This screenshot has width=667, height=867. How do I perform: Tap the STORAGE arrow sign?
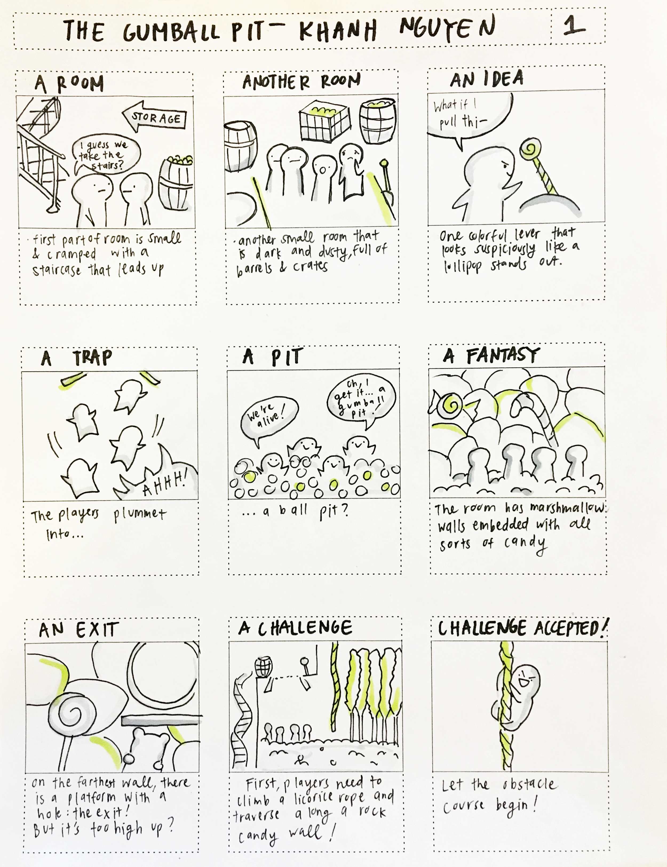coord(154,117)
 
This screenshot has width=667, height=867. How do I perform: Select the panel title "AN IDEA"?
coord(487,79)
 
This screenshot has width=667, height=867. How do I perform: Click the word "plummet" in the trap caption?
coord(140,515)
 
